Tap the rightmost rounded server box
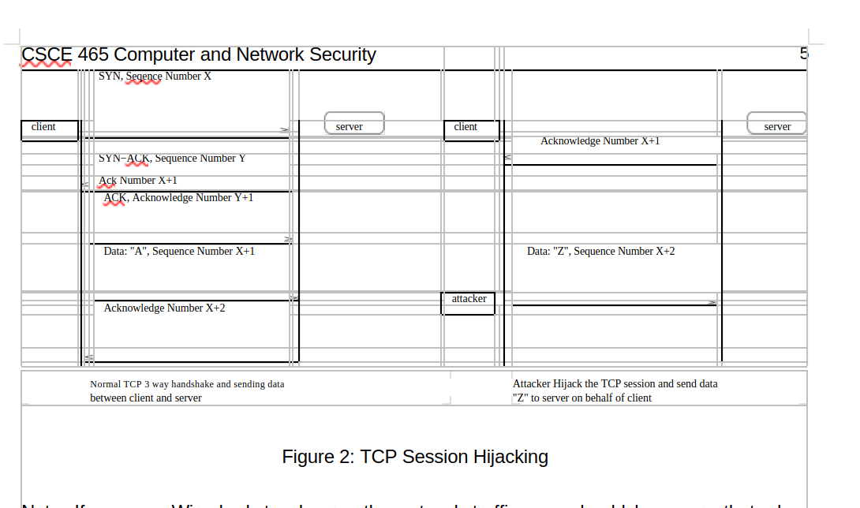click(776, 124)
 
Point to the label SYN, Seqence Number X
click(155, 77)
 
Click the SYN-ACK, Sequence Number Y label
click(172, 159)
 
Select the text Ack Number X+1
click(138, 181)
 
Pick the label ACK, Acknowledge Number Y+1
click(179, 198)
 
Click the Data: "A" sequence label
click(179, 252)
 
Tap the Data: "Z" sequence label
click(600, 252)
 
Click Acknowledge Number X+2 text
click(164, 308)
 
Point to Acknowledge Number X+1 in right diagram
click(600, 141)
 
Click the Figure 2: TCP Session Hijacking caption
click(415, 457)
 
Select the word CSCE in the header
click(47, 55)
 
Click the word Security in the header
click(342, 55)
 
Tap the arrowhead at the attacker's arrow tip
click(712, 303)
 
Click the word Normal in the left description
click(106, 385)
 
